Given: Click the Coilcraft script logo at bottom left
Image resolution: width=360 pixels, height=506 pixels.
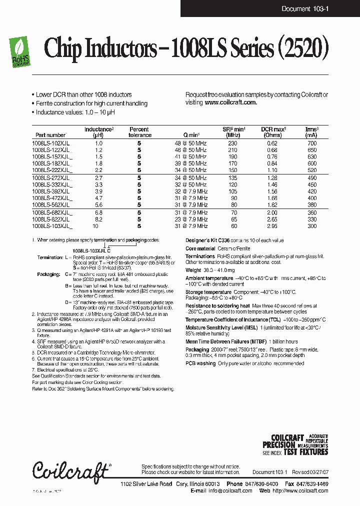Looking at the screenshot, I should (x=70, y=470).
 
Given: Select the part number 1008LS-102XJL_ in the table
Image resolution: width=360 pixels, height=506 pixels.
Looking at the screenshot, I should (x=52, y=143).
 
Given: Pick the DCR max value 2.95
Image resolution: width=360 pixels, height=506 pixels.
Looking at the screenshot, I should (x=272, y=226).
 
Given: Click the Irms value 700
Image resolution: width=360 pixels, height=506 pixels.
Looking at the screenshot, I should (x=311, y=143).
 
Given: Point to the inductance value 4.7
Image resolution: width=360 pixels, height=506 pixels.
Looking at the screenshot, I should (x=98, y=198).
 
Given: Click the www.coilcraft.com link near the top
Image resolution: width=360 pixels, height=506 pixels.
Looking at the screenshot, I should (x=230, y=102).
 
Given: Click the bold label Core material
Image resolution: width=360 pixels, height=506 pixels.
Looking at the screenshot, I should (x=203, y=248).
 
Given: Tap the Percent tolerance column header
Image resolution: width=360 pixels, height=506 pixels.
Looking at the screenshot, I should (x=139, y=132).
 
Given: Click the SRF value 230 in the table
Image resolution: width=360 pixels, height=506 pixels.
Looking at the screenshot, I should (x=232, y=143).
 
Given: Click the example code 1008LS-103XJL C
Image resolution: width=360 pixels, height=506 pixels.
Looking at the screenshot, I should (x=91, y=249).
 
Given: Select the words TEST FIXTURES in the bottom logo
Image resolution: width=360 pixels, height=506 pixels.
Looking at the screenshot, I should (x=305, y=452).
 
